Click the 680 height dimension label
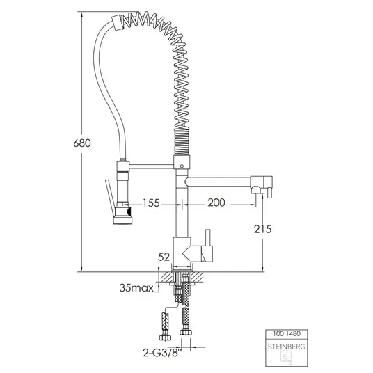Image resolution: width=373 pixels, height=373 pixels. pyautogui.click(x=82, y=143)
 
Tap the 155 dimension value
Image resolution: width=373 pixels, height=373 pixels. pyautogui.click(x=151, y=203)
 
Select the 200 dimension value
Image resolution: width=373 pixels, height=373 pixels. pyautogui.click(x=216, y=203)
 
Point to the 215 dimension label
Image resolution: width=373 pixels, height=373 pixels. pyautogui.click(x=262, y=230)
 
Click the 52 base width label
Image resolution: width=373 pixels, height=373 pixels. pyautogui.click(x=164, y=257)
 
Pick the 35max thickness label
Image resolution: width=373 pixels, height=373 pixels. pyautogui.click(x=136, y=288)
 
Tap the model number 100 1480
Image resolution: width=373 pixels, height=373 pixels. pyautogui.click(x=287, y=333)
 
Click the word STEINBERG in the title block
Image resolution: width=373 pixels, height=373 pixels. pyautogui.click(x=287, y=347)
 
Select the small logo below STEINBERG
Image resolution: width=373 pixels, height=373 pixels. pyautogui.click(x=287, y=358)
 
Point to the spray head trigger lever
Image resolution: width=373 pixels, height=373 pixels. pyautogui.click(x=110, y=194)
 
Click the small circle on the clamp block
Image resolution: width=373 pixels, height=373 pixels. pyautogui.click(x=182, y=166)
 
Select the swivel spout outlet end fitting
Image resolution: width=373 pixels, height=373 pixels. pyautogui.click(x=261, y=187)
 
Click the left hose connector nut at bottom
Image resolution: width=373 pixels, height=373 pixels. pyautogui.click(x=165, y=338)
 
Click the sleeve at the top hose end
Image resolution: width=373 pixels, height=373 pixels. pyautogui.click(x=118, y=23)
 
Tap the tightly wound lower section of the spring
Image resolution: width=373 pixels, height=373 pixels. pyautogui.click(x=182, y=142)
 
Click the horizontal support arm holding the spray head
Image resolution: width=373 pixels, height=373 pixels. pyautogui.click(x=151, y=166)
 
